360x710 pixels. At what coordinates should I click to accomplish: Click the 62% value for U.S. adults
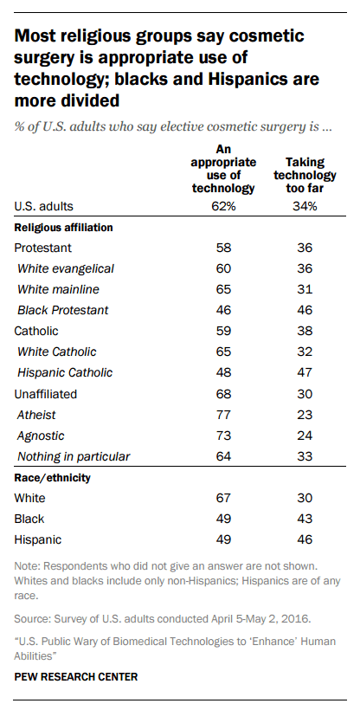pyautogui.click(x=223, y=206)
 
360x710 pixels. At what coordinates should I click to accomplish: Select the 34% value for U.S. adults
pyautogui.click(x=305, y=206)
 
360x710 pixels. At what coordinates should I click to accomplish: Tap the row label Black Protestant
pyautogui.click(x=63, y=310)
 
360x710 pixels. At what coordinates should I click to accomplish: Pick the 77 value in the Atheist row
pyautogui.click(x=223, y=415)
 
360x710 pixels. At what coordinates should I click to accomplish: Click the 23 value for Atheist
pyautogui.click(x=305, y=415)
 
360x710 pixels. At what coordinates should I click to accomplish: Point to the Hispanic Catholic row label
pyautogui.click(x=65, y=372)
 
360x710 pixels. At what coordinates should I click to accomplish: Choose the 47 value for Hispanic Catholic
pyautogui.click(x=305, y=372)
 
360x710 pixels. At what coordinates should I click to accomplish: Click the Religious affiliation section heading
pyautogui.click(x=63, y=228)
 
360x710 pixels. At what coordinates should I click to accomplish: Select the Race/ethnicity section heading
pyautogui.click(x=53, y=478)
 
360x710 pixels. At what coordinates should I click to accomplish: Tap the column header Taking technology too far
pyautogui.click(x=305, y=175)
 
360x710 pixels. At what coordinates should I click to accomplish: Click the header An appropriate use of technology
pyautogui.click(x=223, y=169)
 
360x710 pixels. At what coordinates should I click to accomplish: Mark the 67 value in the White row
pyautogui.click(x=223, y=498)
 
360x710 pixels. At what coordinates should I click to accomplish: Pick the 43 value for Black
pyautogui.click(x=305, y=519)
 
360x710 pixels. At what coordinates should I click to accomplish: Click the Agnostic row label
pyautogui.click(x=41, y=436)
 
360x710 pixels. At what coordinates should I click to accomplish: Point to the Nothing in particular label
pyautogui.click(x=74, y=456)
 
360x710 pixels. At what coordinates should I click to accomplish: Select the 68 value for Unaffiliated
pyautogui.click(x=223, y=394)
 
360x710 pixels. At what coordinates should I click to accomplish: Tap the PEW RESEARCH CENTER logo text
pyautogui.click(x=76, y=677)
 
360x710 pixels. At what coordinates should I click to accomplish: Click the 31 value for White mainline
pyautogui.click(x=305, y=289)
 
